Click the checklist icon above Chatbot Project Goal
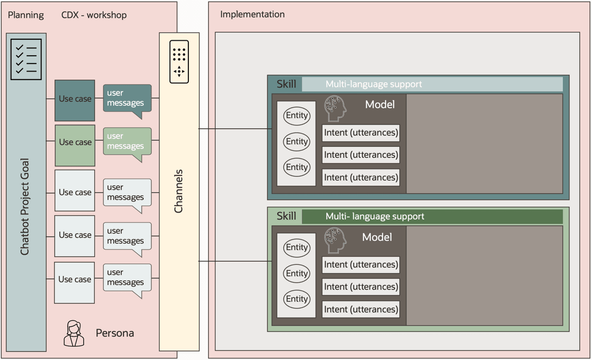[x=26, y=59]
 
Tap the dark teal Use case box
[x=75, y=99]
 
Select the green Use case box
[x=75, y=143]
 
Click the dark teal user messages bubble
[x=127, y=98]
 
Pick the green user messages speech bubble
[x=127, y=142]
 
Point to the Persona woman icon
[x=74, y=333]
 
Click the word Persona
[x=115, y=333]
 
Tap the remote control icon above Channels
[x=179, y=62]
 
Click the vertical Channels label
[x=179, y=191]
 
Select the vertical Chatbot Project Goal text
[x=25, y=207]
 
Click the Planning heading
[x=25, y=15]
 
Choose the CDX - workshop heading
[x=94, y=15]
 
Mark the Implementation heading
[x=253, y=14]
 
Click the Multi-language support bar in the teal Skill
[x=432, y=84]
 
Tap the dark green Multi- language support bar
[x=432, y=216]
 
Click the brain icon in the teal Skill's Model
[x=335, y=108]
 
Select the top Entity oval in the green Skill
[x=297, y=248]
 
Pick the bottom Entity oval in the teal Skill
[x=297, y=167]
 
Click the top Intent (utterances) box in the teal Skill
[x=361, y=133]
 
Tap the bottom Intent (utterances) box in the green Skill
[x=361, y=309]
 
